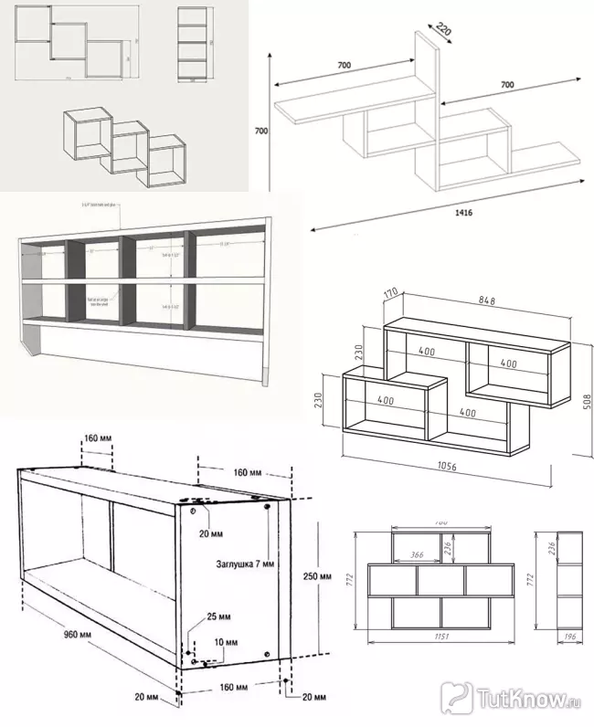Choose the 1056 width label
[448, 467]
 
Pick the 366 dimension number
[416, 553]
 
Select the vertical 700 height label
[260, 132]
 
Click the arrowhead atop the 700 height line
[271, 55]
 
